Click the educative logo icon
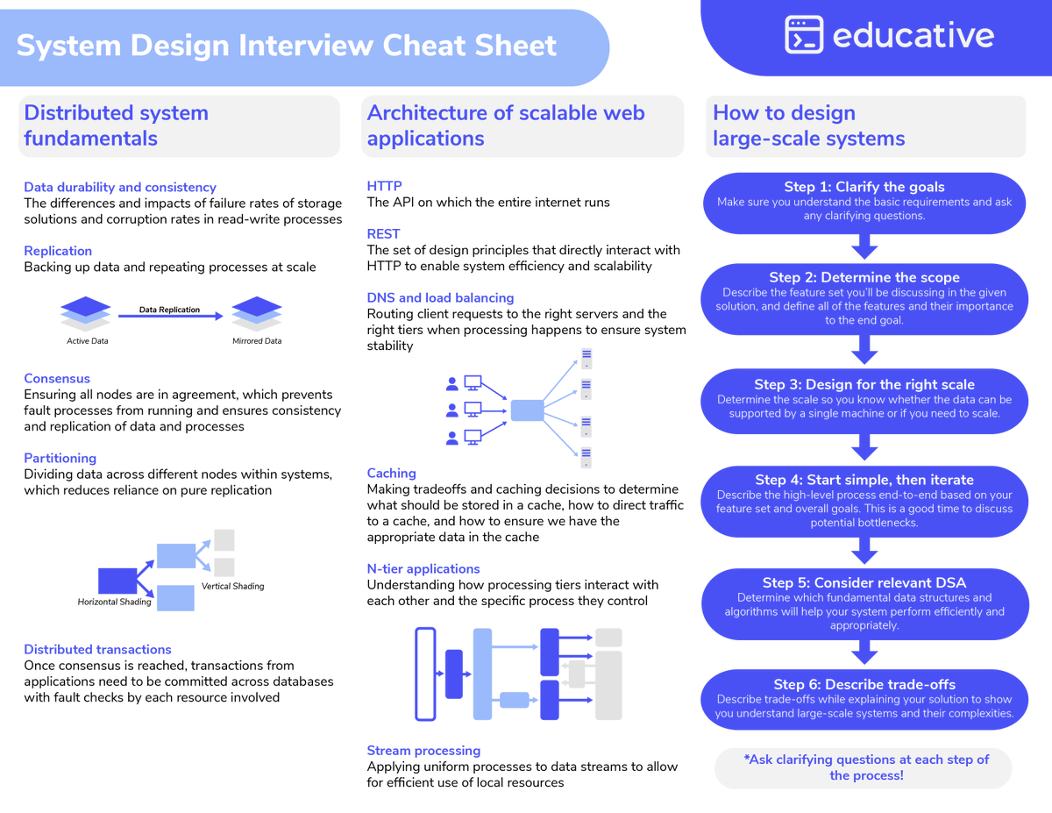(x=803, y=35)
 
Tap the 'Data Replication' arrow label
(x=169, y=310)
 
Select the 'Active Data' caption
(x=88, y=341)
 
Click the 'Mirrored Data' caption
(x=257, y=341)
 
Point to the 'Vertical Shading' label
(x=232, y=586)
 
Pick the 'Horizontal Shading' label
(x=114, y=602)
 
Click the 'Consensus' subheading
(x=57, y=379)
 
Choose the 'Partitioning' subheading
(x=60, y=458)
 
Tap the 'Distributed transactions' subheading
(x=97, y=649)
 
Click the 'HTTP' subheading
(x=384, y=186)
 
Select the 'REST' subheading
(x=383, y=234)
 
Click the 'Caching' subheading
(x=391, y=473)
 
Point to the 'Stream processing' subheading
(x=423, y=751)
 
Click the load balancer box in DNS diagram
(x=527, y=410)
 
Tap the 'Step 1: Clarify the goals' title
(x=864, y=187)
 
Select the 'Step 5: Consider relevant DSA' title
(x=864, y=582)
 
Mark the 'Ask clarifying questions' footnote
(x=865, y=767)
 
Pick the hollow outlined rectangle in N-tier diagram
(x=425, y=674)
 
